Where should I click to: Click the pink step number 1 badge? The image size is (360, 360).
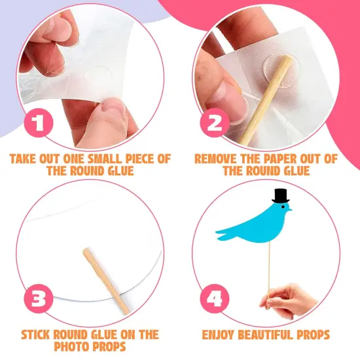pos(39,123)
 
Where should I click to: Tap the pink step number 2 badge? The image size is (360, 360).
pos(215,123)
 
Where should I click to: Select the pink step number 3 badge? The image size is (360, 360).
pos(39,298)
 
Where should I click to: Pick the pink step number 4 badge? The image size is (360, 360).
pos(215,298)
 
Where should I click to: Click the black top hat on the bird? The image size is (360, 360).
pos(280,196)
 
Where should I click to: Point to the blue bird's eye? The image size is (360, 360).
pos(283,207)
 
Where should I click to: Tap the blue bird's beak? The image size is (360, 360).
pos(290,209)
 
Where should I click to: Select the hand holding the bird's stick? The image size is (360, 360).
pos(289,300)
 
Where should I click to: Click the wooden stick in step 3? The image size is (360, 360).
pos(107,281)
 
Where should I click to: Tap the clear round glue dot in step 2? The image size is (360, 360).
pos(281,69)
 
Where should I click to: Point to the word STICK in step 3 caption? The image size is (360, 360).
pos(36,334)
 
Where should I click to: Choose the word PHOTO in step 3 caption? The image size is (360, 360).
pos(70,347)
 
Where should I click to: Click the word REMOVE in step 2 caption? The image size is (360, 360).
pos(213,159)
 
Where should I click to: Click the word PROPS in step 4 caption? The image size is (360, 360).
pos(313,334)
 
